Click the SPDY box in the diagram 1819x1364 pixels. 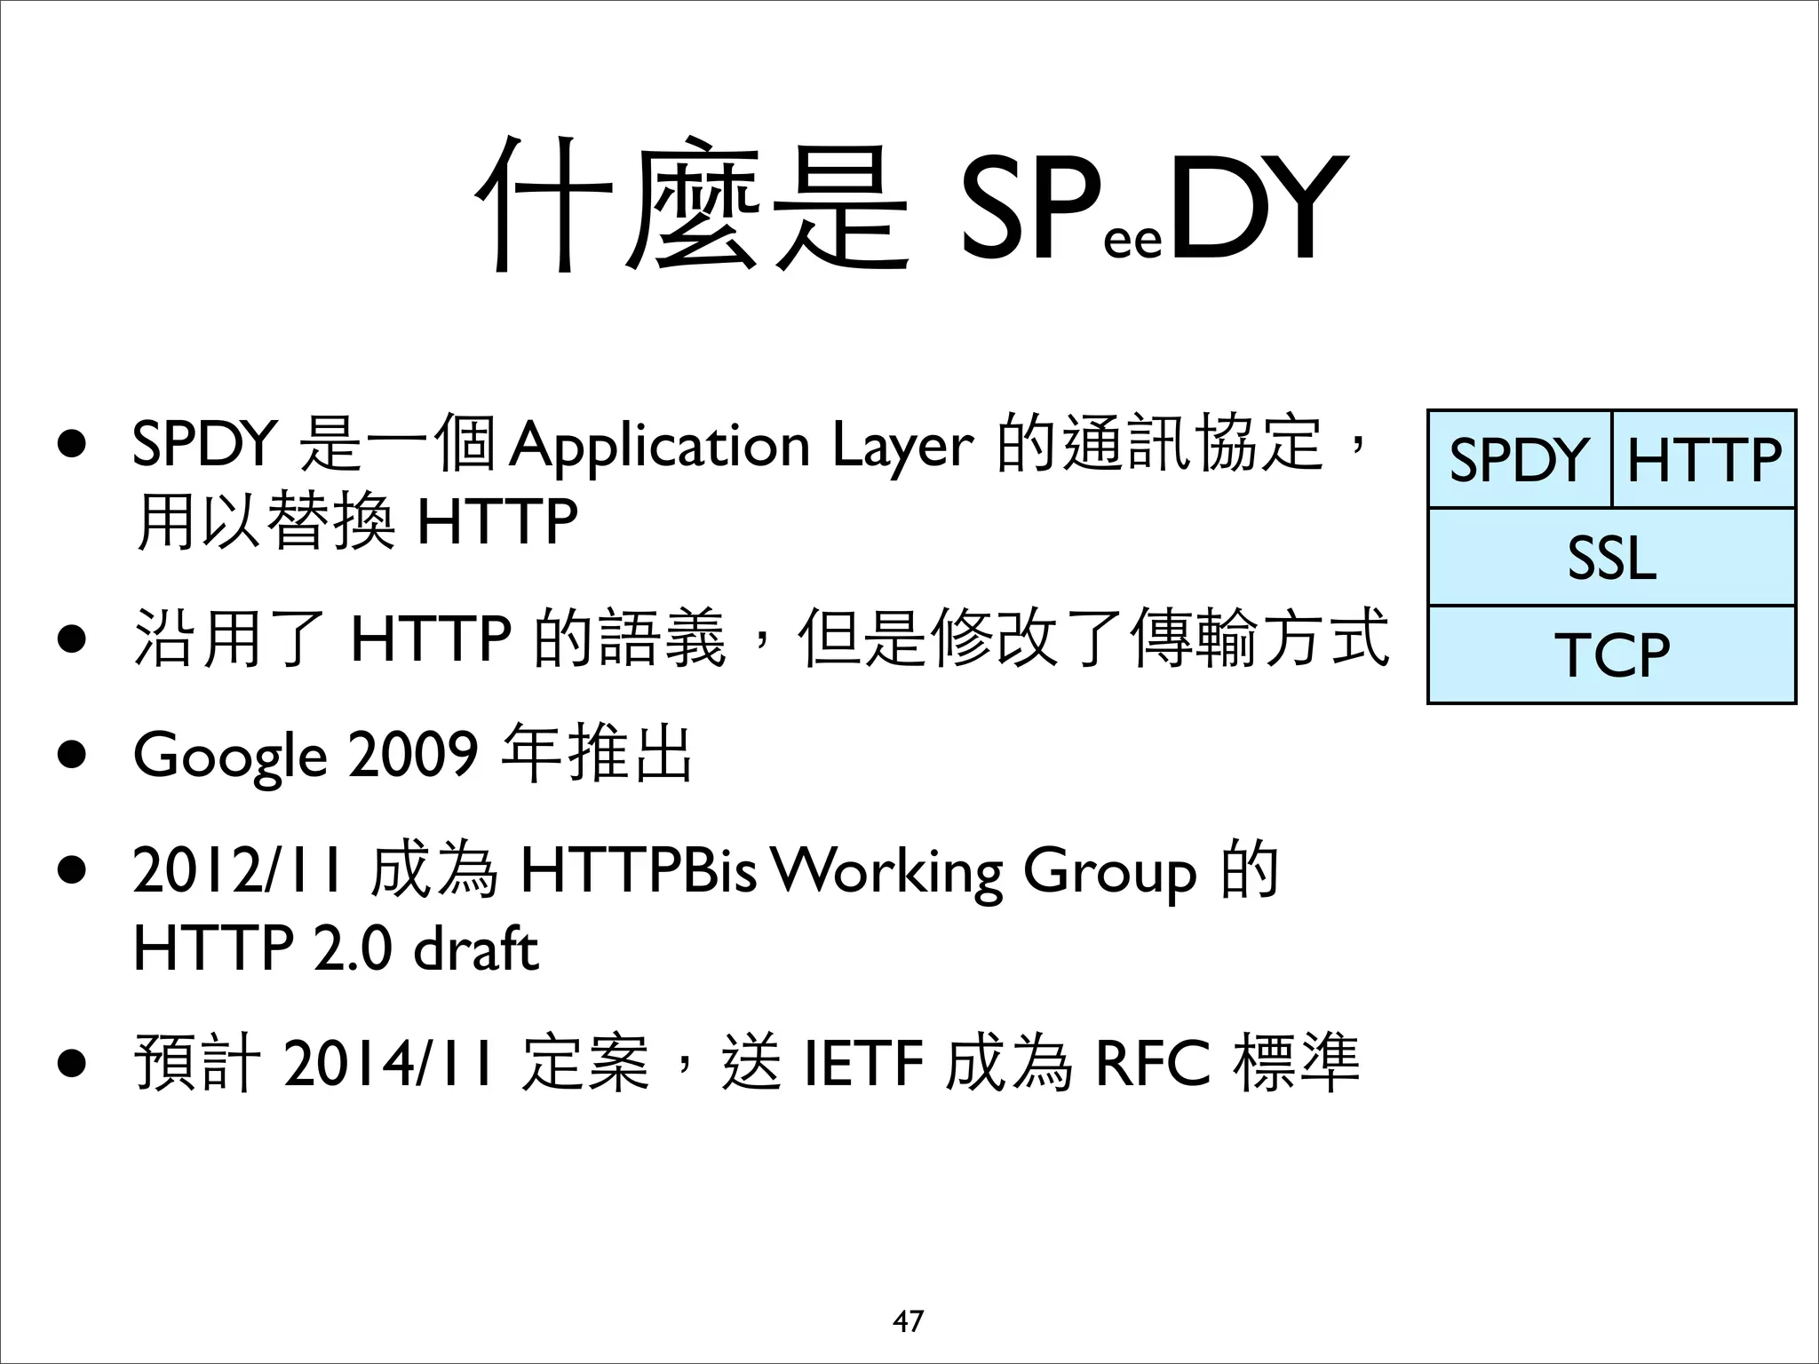1519,460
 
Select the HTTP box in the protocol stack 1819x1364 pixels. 1704,460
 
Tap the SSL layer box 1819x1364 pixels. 1611,558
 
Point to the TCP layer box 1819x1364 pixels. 1611,655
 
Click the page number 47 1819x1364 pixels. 908,1321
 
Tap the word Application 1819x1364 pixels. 659,446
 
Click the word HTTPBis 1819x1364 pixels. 638,870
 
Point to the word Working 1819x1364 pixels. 886,872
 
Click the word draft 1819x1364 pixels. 476,948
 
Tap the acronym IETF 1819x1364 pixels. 862,1063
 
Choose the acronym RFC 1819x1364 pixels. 1153,1063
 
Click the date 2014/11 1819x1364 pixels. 387,1063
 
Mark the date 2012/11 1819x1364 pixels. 237,870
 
